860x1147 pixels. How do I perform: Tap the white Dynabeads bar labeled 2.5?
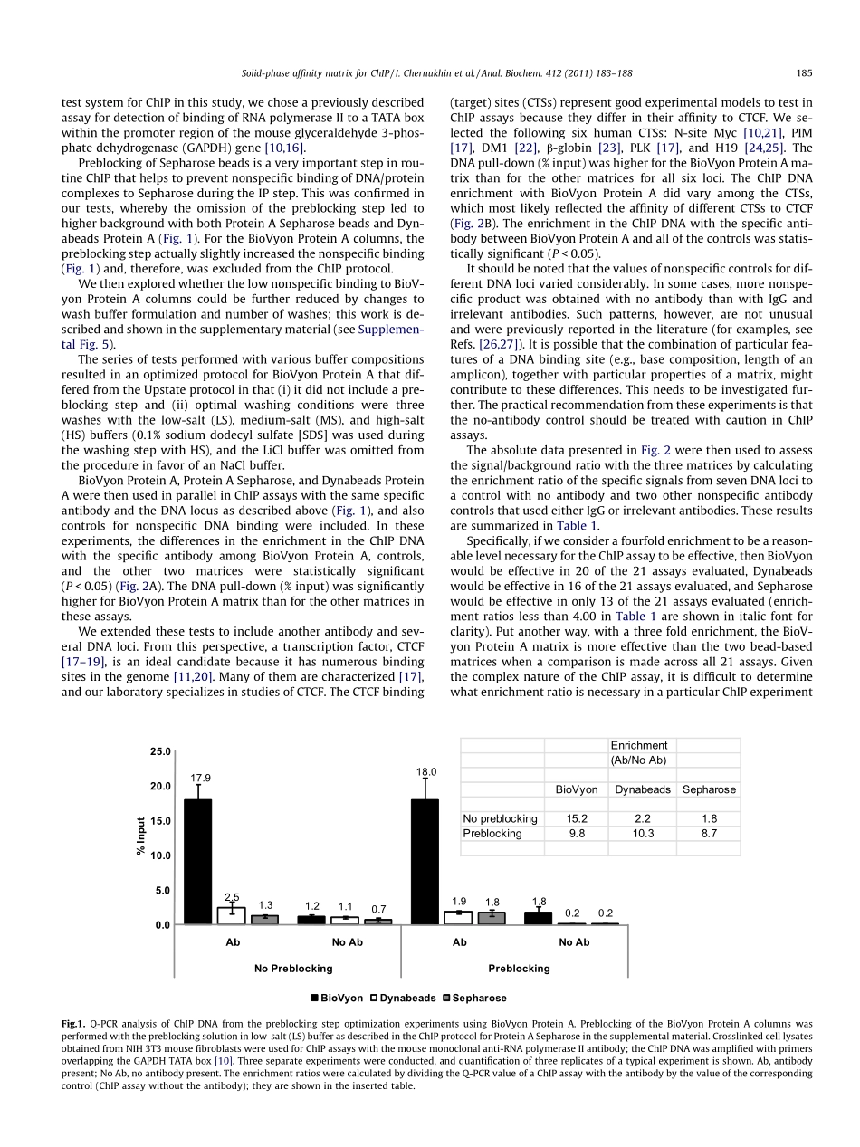tap(232, 915)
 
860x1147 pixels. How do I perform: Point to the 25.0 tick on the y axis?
tap(159, 752)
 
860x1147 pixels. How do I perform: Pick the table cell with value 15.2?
tap(577, 818)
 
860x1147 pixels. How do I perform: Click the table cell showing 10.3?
tap(642, 833)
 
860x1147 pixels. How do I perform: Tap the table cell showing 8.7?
tap(708, 833)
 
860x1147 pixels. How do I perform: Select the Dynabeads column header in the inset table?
tap(642, 789)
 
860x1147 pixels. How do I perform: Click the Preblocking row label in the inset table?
tap(492, 833)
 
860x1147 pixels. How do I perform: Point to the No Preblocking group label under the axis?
tap(293, 968)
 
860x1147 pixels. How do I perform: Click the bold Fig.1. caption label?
tap(73, 1024)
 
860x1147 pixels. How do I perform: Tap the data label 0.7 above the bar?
tap(378, 909)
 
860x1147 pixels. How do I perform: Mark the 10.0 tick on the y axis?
tap(159, 855)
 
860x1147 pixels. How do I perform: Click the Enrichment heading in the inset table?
tap(639, 745)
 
